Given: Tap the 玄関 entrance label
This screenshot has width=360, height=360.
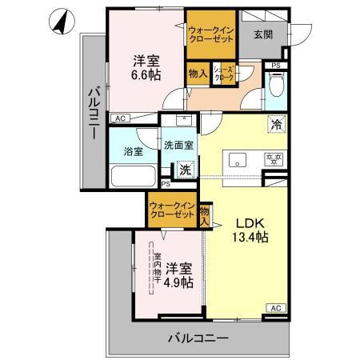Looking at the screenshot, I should tap(263, 34).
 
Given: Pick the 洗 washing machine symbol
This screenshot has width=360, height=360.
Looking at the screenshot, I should tap(185, 170).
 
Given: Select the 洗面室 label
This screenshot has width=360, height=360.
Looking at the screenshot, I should tap(178, 146).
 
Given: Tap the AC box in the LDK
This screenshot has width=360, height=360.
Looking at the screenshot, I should tap(274, 308).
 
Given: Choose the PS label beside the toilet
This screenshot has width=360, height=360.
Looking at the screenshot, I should tap(275, 65).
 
